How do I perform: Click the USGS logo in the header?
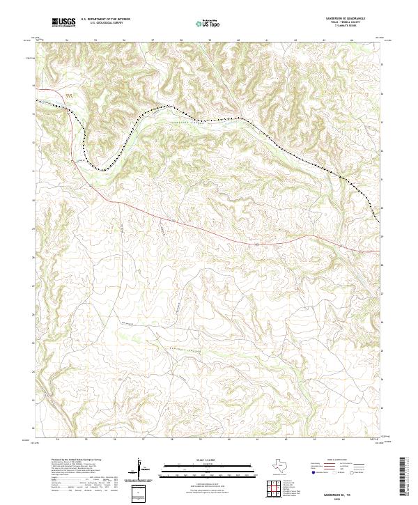coord(63,22)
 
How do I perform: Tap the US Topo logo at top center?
coord(209,22)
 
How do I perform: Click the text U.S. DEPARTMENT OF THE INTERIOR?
coord(105,20)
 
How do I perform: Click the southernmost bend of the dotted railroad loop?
coord(101,168)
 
